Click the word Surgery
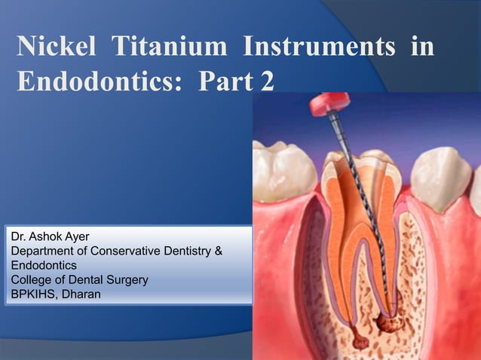pos(125,280)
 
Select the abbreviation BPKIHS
pos(32,294)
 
